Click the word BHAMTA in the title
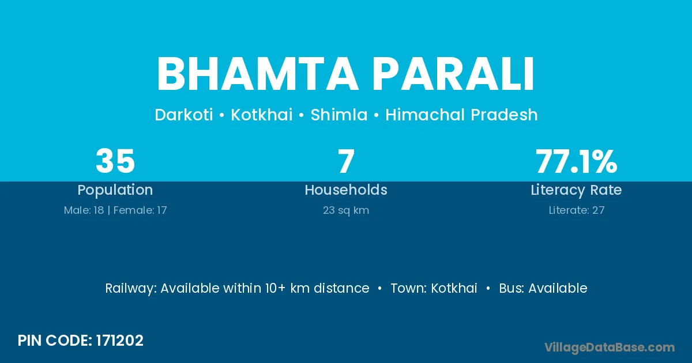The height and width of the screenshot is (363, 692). click(x=257, y=74)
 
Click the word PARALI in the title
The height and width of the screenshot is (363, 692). click(x=453, y=74)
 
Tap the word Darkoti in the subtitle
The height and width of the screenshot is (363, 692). click(x=184, y=115)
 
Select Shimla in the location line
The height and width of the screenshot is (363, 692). click(x=339, y=115)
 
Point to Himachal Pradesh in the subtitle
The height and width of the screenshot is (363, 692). click(x=461, y=115)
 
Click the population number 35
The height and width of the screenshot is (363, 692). click(x=115, y=161)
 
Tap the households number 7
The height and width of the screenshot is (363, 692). click(x=346, y=161)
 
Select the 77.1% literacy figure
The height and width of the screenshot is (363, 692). click(x=577, y=161)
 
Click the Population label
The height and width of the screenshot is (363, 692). click(x=115, y=190)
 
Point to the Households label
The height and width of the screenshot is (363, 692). click(x=346, y=190)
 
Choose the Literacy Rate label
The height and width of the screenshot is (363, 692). click(x=577, y=190)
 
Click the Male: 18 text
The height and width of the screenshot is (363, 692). click(x=84, y=210)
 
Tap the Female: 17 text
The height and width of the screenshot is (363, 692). click(x=140, y=210)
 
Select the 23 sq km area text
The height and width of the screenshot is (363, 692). click(x=346, y=210)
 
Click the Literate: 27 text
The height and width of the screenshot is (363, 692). click(x=577, y=210)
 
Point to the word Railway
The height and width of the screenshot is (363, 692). click(x=131, y=289)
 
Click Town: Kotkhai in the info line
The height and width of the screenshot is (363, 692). click(x=434, y=288)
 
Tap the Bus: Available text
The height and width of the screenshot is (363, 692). click(x=543, y=288)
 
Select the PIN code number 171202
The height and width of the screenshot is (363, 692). click(x=120, y=341)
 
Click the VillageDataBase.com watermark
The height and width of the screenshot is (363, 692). click(x=610, y=347)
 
